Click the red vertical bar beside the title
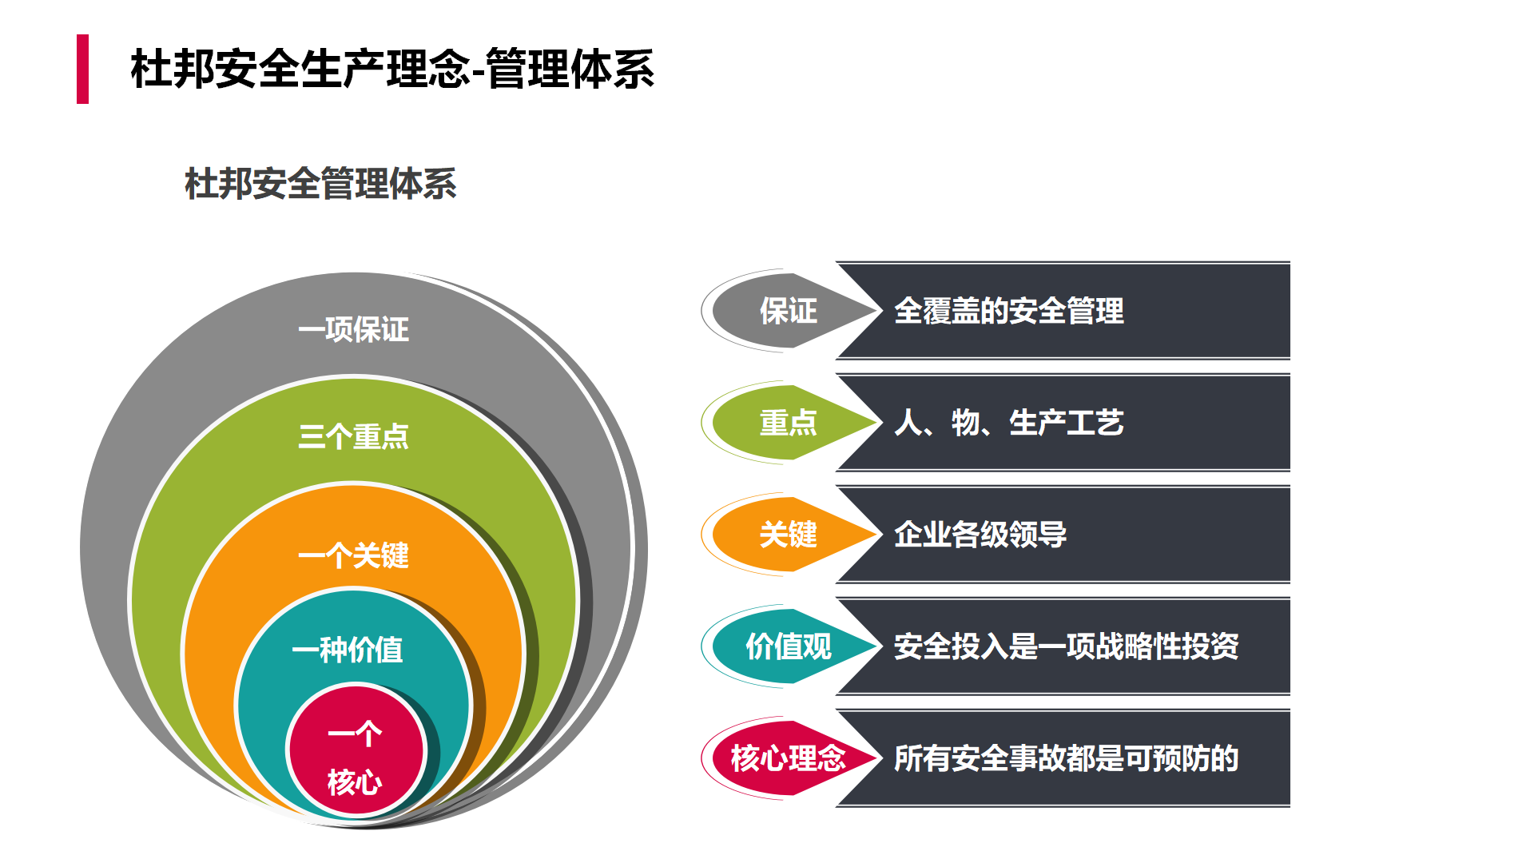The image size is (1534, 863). pos(82,69)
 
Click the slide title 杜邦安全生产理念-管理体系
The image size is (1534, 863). pos(392,69)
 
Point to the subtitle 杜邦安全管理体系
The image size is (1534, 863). pos(320,184)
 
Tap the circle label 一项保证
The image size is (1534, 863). pos(353,329)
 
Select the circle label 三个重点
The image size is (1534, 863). pos(353,436)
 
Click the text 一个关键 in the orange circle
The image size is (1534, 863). pos(353,555)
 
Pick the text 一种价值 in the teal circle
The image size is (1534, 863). pos(348,650)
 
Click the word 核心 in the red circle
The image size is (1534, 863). pos(355,781)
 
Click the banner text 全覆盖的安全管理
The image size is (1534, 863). pos(1009,311)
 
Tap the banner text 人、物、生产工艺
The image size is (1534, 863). pos(1009,423)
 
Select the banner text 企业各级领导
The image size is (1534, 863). pos(980,535)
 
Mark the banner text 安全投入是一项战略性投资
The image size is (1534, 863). pos(1067,646)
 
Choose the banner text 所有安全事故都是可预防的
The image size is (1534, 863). pos(1067,758)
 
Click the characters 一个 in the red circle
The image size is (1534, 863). pos(355,734)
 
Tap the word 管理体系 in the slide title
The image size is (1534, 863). pos(570,69)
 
